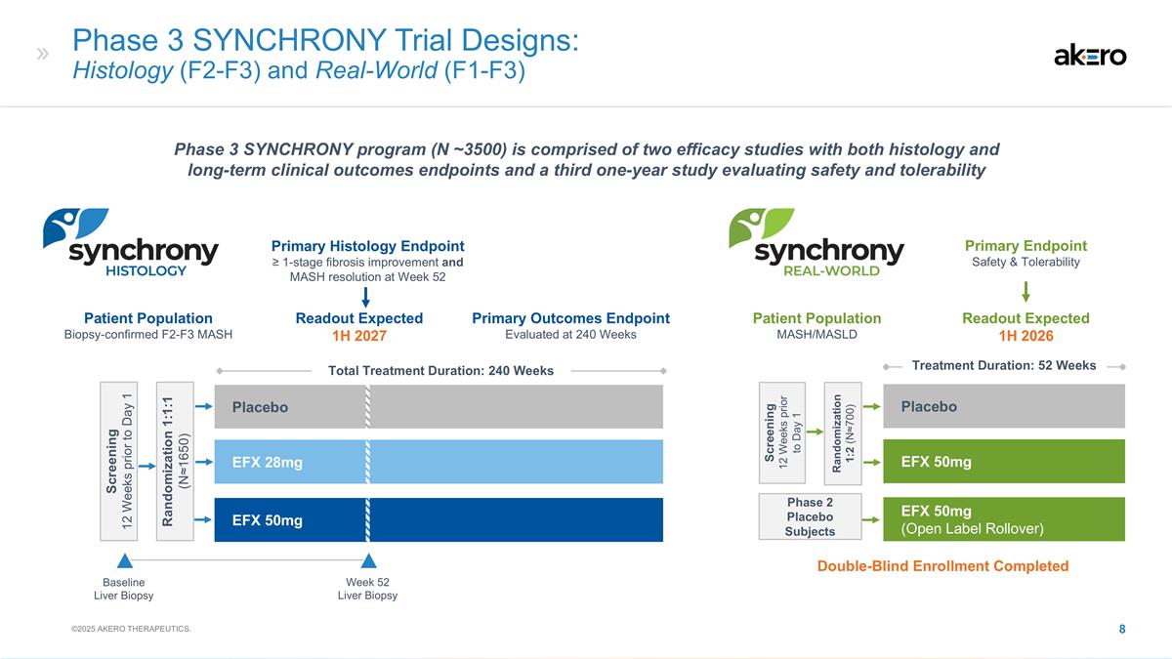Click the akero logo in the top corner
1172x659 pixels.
click(x=1090, y=56)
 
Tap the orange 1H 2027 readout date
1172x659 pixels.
click(x=359, y=336)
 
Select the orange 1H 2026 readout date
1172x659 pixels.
click(x=1025, y=336)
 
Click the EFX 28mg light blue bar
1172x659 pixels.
click(x=439, y=462)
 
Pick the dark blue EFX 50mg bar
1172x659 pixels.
click(x=439, y=519)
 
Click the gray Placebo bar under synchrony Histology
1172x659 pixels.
click(x=439, y=407)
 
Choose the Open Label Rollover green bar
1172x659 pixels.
click(x=1004, y=519)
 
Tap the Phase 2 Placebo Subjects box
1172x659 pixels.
click(x=810, y=516)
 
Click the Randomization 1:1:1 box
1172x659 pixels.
click(x=175, y=461)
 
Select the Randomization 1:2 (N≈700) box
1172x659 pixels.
click(x=843, y=433)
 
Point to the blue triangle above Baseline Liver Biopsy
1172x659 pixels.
click(x=125, y=560)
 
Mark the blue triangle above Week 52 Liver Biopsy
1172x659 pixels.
click(x=368, y=560)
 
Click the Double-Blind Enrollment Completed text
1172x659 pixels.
click(x=942, y=566)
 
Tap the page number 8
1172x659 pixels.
click(x=1122, y=629)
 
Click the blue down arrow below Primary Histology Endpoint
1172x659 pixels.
click(x=365, y=297)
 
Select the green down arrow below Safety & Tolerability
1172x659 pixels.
click(x=1025, y=292)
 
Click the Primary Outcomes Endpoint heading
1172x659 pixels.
click(x=570, y=318)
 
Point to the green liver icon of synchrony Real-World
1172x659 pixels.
click(x=761, y=227)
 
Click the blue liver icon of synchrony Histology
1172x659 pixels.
click(x=75, y=227)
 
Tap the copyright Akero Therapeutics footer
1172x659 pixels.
click(x=131, y=629)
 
